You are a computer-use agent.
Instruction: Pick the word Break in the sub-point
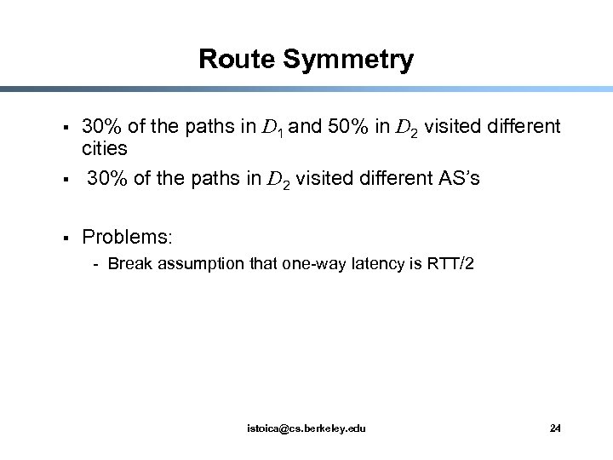(x=128, y=264)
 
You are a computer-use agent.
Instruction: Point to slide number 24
(x=555, y=428)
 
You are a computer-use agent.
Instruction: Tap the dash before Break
(x=98, y=264)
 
